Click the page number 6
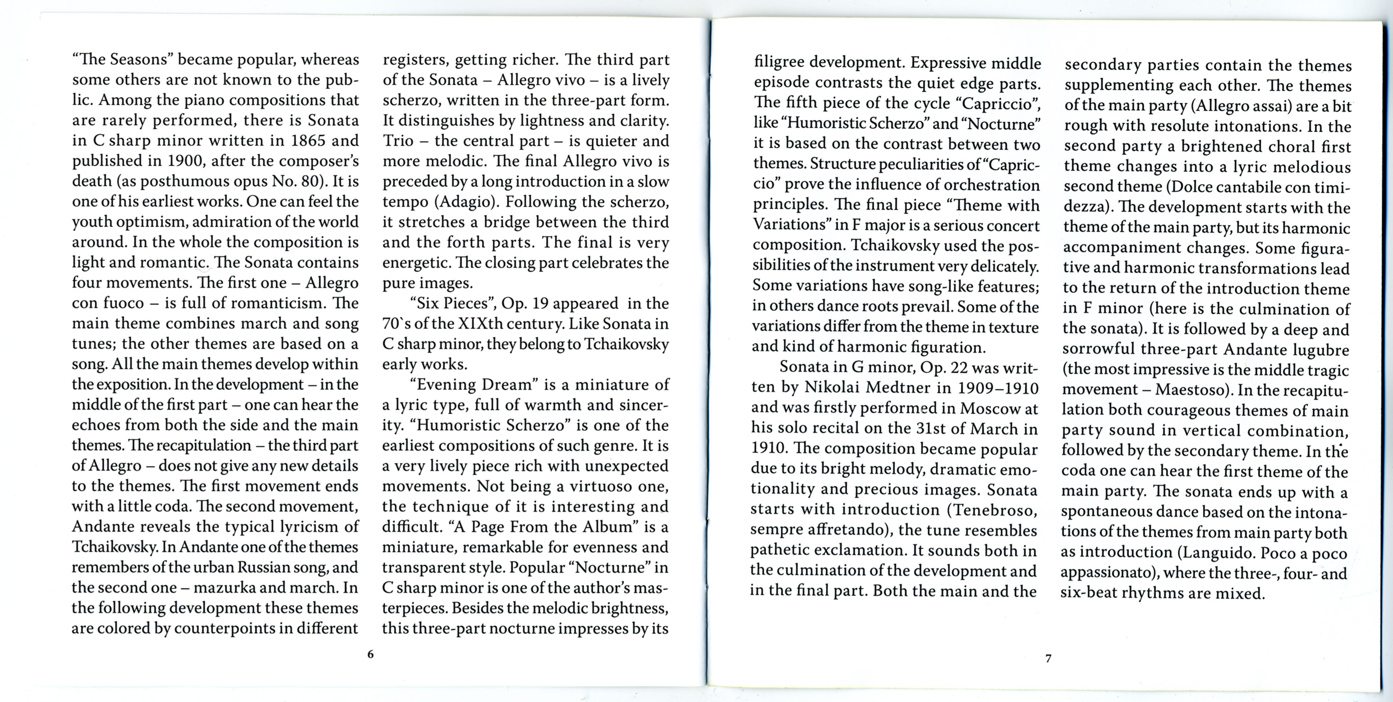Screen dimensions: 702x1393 click(371, 654)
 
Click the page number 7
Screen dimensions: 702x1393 click(1049, 658)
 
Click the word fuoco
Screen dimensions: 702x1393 click(124, 302)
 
